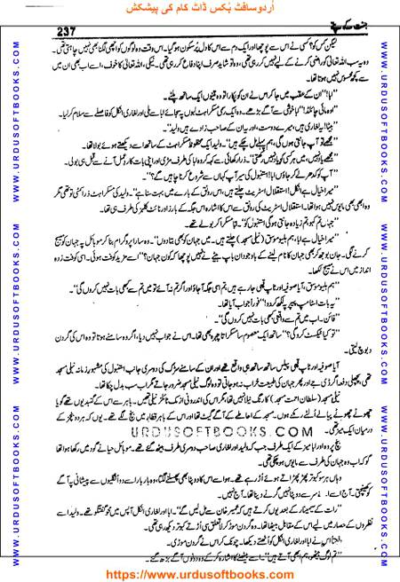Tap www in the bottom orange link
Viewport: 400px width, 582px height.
coord(160,572)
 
